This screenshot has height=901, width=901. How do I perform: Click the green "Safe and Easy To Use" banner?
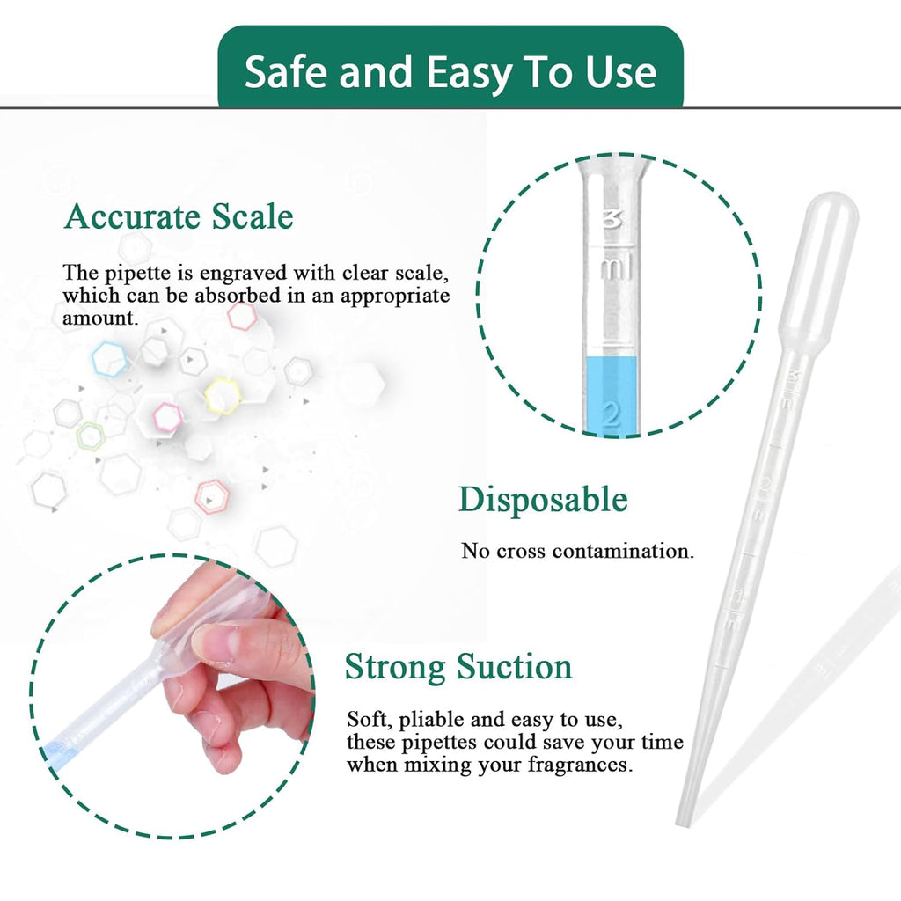click(450, 70)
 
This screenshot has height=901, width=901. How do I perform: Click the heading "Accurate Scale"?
click(179, 216)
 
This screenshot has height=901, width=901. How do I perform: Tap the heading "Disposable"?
click(543, 500)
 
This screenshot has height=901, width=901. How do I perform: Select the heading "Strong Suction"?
click(458, 667)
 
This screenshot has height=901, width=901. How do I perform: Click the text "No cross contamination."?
click(578, 552)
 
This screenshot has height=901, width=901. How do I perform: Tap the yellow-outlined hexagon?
click(223, 396)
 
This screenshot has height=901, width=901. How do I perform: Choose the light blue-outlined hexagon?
click(111, 359)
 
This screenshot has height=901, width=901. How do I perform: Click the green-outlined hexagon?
click(91, 435)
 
